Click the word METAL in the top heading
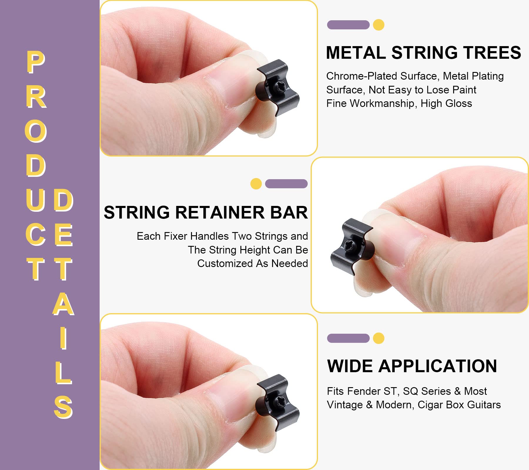pos(356,53)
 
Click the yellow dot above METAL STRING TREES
pos(379,25)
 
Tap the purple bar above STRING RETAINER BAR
pos(286,184)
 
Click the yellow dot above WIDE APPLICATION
pos(379,338)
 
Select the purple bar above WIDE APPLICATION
pos(348,338)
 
